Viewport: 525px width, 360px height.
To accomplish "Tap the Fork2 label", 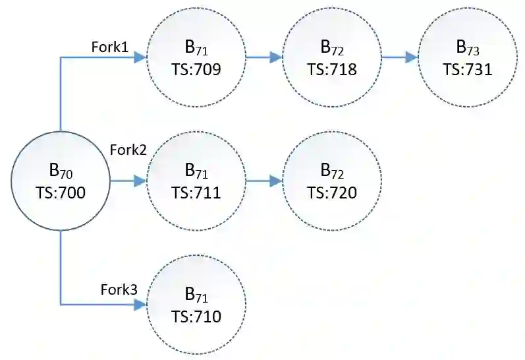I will coord(128,149).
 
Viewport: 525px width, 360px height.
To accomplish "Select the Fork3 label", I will coord(119,289).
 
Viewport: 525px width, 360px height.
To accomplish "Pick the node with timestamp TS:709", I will coord(196,57).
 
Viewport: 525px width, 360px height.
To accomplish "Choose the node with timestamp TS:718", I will coord(331,57).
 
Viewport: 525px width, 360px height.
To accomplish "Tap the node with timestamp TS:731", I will coord(468,57).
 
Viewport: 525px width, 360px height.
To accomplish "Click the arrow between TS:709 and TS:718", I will coord(263,57).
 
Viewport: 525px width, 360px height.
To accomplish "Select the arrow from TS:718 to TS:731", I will coord(399,57).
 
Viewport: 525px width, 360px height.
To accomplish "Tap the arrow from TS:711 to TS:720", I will coord(263,180).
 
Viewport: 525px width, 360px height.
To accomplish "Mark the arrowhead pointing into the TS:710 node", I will coord(140,304).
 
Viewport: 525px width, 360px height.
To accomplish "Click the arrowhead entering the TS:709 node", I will coord(140,57).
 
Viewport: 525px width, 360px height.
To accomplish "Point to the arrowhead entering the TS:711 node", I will coord(140,180).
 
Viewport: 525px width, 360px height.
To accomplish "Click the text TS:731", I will coord(468,69).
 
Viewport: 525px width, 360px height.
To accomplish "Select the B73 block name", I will coord(468,47).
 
